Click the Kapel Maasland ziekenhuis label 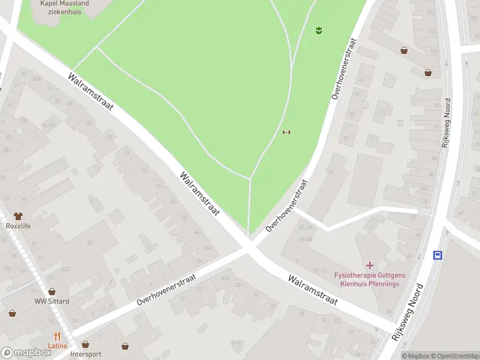64,7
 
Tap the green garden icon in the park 319,29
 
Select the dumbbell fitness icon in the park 286,133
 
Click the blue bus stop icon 438,255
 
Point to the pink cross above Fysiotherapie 370,265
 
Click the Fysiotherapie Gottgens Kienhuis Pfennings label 370,279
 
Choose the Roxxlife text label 18,226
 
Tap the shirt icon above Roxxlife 18,215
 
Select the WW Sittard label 52,301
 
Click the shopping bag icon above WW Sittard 52,291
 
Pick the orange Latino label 58,346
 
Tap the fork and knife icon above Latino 58,336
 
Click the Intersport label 85,354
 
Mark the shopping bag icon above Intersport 85,345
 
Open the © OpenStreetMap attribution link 455,356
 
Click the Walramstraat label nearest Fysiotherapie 312,290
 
